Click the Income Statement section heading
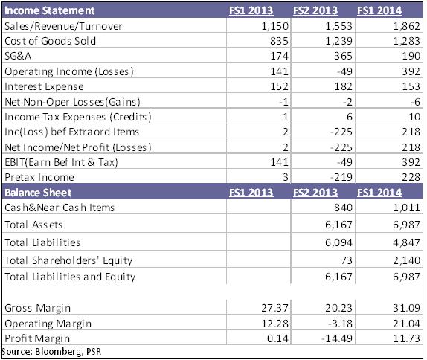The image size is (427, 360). [x=50, y=10]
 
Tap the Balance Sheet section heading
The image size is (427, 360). [x=38, y=193]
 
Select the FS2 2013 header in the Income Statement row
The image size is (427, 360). [x=315, y=10]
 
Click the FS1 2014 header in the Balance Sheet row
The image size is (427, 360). [x=379, y=193]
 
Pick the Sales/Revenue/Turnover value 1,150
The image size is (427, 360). [x=274, y=26]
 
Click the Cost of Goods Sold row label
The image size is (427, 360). [x=51, y=41]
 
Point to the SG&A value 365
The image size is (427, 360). [x=343, y=56]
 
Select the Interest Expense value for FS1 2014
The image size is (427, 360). [x=411, y=86]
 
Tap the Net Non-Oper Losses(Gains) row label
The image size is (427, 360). [x=72, y=102]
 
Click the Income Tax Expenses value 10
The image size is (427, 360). [x=414, y=117]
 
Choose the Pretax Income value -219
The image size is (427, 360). [x=341, y=177]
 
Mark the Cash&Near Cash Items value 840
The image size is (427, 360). [x=343, y=208]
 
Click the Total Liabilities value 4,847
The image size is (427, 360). [x=406, y=242]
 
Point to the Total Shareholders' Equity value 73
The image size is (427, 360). [x=347, y=260]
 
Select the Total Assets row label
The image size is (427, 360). [x=33, y=225]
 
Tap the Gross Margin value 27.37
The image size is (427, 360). [x=274, y=308]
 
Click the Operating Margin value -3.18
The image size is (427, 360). [x=340, y=324]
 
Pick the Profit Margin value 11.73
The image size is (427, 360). [x=406, y=338]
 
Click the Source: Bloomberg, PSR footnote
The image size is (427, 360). [x=51, y=352]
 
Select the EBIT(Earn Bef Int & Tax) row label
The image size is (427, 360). [x=61, y=162]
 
